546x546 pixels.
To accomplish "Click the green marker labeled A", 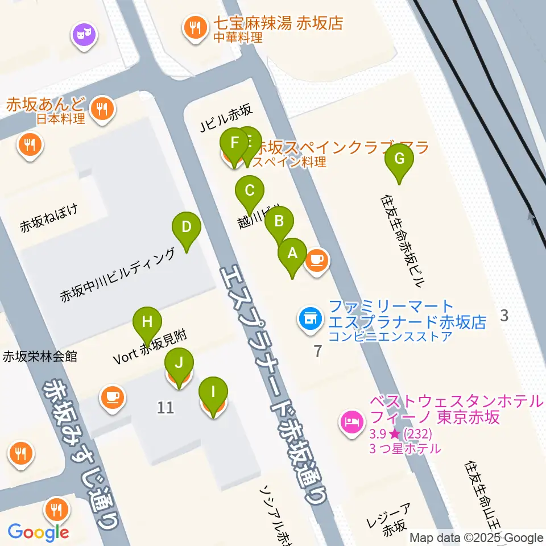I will [292, 254].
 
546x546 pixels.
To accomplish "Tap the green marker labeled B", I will [279, 222].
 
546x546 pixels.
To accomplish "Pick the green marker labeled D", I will [186, 227].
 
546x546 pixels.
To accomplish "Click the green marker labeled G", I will [399, 160].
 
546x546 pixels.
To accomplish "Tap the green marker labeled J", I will [179, 363].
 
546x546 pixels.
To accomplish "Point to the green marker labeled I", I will [213, 392].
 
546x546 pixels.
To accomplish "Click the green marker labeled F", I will [233, 143].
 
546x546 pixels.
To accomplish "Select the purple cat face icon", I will [84, 36].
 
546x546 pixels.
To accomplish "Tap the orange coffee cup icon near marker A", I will [317, 261].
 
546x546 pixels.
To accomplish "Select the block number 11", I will [166, 407].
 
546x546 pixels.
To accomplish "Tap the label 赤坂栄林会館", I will [40, 357].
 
